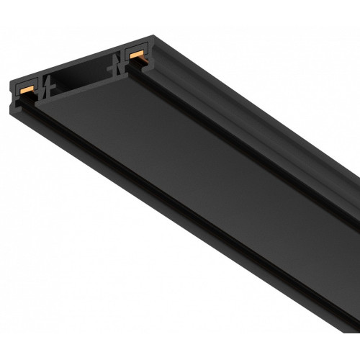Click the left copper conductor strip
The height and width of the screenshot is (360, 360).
(x=28, y=89)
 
